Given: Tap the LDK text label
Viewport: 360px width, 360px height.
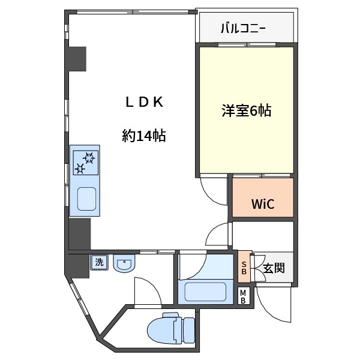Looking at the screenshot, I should point(144,102).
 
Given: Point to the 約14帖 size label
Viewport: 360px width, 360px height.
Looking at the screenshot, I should point(144,136).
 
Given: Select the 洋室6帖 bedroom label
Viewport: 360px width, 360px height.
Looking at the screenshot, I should point(246,111).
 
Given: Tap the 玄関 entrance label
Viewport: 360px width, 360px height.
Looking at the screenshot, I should point(274,268).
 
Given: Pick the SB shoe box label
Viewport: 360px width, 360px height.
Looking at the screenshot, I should point(244,266).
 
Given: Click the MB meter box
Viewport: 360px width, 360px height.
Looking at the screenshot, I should point(244,296).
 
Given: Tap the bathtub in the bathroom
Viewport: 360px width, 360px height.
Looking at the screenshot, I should point(205,292).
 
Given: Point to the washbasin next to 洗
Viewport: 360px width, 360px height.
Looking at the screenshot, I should point(124,263).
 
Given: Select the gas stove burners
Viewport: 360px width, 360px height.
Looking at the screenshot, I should point(85,162).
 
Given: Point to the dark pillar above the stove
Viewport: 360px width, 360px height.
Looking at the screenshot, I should point(78,58).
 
